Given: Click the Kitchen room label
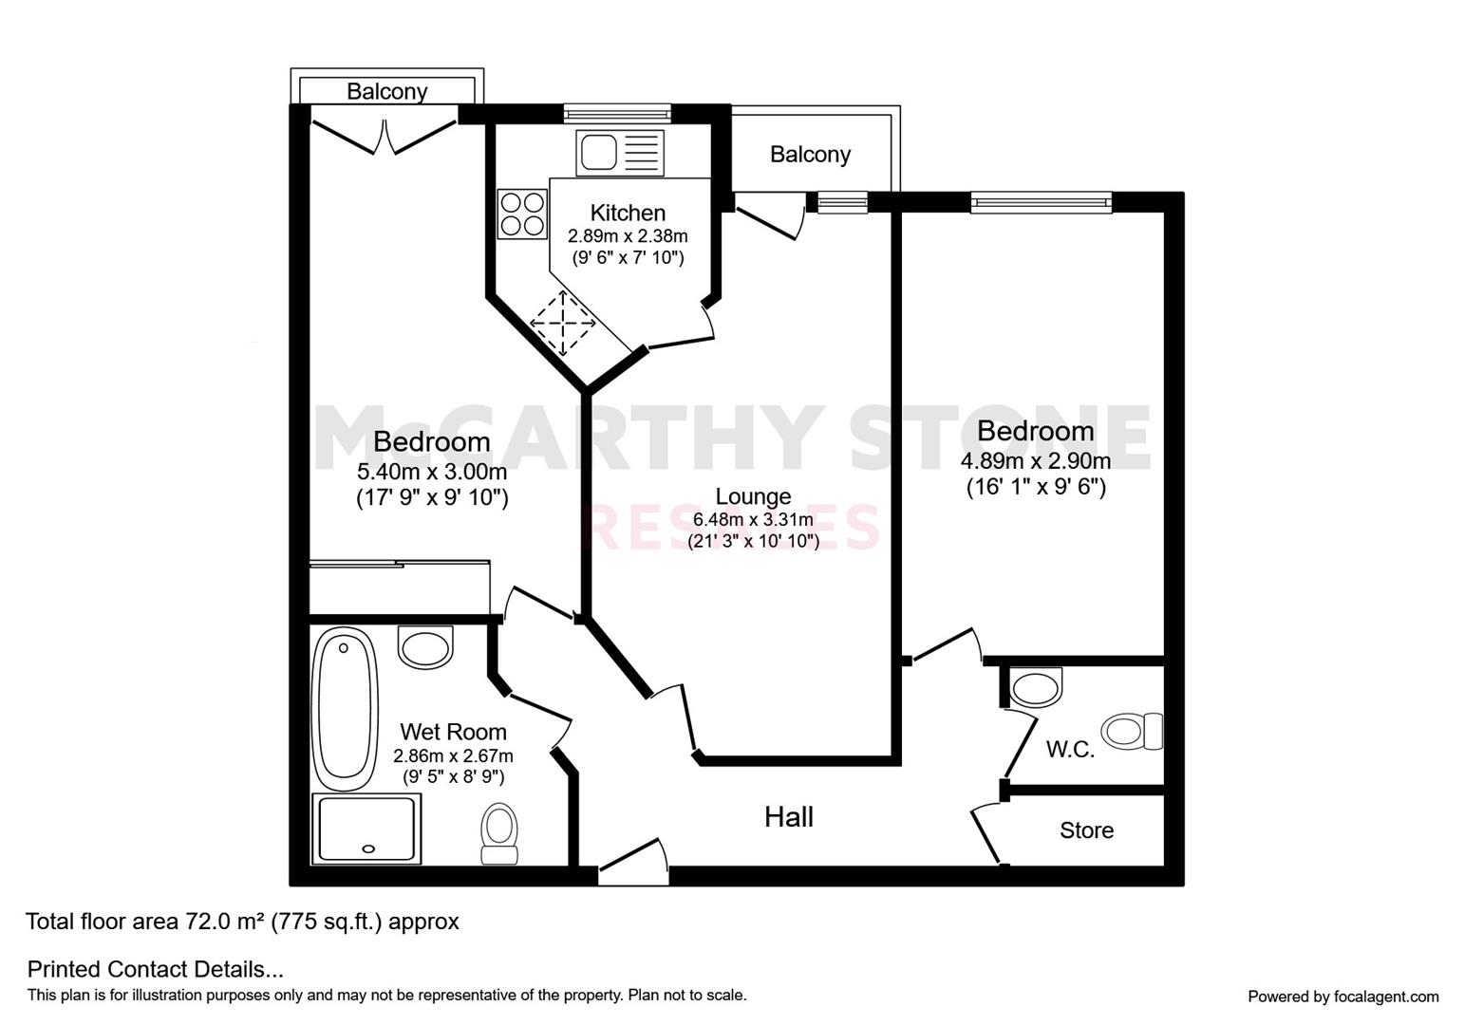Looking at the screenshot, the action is click(x=628, y=213).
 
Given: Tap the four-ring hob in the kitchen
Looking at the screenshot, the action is click(x=521, y=214).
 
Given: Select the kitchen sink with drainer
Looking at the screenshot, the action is click(x=620, y=153).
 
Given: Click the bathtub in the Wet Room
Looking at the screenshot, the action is click(x=345, y=710).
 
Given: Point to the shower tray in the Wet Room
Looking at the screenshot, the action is click(x=366, y=829).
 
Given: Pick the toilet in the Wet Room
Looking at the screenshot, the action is click(x=499, y=833).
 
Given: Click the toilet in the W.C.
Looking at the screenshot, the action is click(x=1133, y=731).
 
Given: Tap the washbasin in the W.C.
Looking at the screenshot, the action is click(x=1036, y=686).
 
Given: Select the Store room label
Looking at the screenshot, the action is click(x=1086, y=830).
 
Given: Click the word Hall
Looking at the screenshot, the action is click(x=789, y=817).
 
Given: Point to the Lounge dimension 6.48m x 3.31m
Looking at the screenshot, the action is click(x=753, y=520).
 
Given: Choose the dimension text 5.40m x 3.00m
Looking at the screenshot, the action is click(x=431, y=471).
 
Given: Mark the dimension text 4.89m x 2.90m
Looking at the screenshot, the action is click(x=1035, y=460).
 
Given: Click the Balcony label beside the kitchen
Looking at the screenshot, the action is click(x=810, y=154).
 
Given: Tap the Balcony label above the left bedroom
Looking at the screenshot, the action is click(x=387, y=91).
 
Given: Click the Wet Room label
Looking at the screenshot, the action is click(x=453, y=732).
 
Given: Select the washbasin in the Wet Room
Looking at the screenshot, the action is click(x=425, y=646).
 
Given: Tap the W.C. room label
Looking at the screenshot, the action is click(x=1070, y=750).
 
